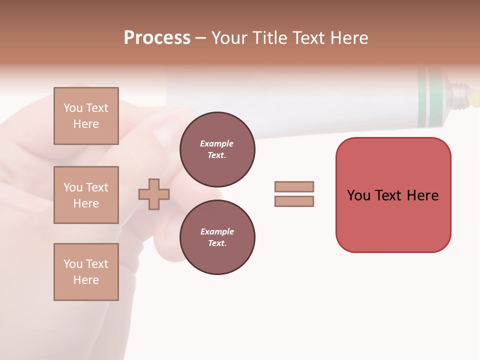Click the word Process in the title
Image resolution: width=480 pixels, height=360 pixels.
(157, 38)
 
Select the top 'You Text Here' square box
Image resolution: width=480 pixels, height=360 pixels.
(86, 116)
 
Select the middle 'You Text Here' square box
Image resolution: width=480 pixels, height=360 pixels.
(86, 195)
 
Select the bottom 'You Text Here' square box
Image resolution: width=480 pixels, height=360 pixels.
(86, 272)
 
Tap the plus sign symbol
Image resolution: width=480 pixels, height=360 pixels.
(154, 194)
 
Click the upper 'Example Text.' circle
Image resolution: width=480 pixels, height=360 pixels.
(217, 149)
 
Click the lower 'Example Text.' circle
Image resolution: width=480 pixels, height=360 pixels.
(217, 237)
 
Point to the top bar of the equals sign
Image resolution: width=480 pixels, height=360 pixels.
(294, 186)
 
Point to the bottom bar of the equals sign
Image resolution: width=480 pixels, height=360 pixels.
(294, 201)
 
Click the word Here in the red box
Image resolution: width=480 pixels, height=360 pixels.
(422, 195)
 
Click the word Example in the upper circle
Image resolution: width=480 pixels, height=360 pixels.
(217, 143)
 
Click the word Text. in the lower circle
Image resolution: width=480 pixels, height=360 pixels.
(217, 243)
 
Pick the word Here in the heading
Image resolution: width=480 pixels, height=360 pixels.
(348, 38)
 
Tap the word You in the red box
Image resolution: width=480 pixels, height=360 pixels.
(358, 195)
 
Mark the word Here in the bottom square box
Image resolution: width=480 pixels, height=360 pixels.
(86, 280)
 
